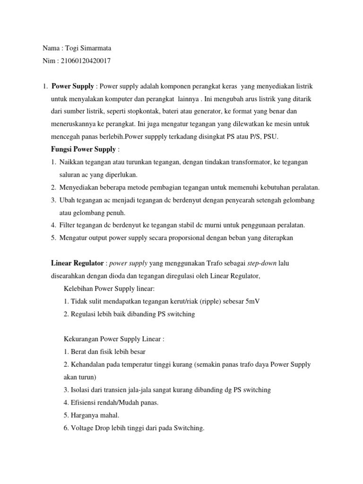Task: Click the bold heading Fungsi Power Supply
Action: (83, 149)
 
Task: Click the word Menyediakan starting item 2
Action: (81, 188)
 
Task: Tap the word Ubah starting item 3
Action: (68, 200)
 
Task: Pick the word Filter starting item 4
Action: (68, 225)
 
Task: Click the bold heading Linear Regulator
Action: (77, 263)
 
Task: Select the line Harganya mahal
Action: (90, 415)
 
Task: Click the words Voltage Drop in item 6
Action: (93, 428)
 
